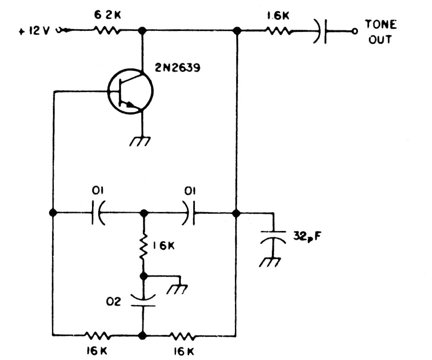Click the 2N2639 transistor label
coord(178,67)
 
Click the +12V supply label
coord(34,31)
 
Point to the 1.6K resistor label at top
coord(278,16)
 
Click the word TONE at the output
coord(381,25)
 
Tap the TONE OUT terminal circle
coord(355,31)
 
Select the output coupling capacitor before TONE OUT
coord(321,31)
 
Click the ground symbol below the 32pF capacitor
coord(270,262)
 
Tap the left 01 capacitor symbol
coord(97,212)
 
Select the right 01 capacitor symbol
coord(189,212)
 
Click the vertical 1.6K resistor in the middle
coord(143,246)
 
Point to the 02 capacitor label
coord(114,302)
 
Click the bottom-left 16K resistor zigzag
coord(97,335)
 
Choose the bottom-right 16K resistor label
coord(184,351)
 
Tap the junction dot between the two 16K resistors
coord(142,335)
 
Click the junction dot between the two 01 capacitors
coord(144,213)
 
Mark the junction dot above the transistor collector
coord(142,30)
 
